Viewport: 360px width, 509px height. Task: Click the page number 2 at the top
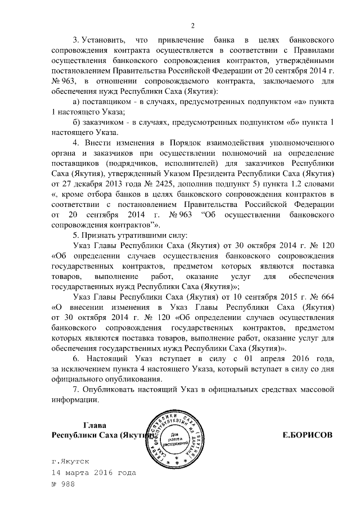pyautogui.click(x=192, y=26)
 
